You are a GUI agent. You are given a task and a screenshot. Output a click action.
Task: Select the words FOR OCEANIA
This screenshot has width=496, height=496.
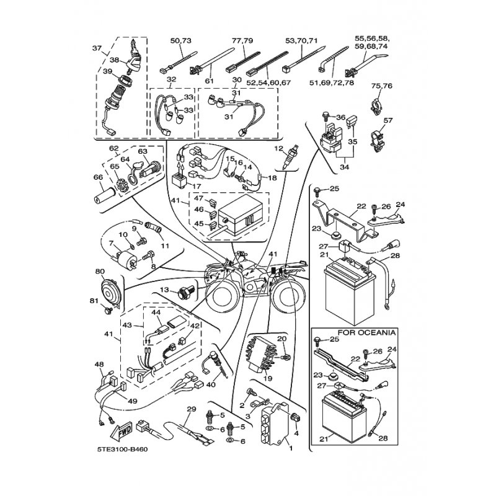pos(366,332)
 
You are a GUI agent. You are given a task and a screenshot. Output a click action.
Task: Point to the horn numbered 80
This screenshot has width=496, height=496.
pos(110,291)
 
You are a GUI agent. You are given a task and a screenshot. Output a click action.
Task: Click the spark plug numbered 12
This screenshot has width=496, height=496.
pos(292,157)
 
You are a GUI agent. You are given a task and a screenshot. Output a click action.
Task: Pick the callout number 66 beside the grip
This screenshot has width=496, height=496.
pos(98,177)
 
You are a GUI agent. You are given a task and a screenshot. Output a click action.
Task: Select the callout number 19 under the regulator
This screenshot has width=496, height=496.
pos(268,378)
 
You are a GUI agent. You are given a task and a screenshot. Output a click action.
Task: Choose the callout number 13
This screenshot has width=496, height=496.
pos(164,290)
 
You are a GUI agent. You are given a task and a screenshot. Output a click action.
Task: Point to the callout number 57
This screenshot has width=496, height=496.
pos(388,120)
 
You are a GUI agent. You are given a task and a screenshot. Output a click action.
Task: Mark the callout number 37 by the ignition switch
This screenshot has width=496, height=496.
pos(97,48)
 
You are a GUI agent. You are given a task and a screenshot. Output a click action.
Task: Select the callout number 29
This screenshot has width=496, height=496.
pos(192,409)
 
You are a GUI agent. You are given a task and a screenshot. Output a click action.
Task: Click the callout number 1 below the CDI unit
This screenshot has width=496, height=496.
pos(291,448)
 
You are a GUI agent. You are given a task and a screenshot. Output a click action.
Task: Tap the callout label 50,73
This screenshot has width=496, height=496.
pos(180,41)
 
